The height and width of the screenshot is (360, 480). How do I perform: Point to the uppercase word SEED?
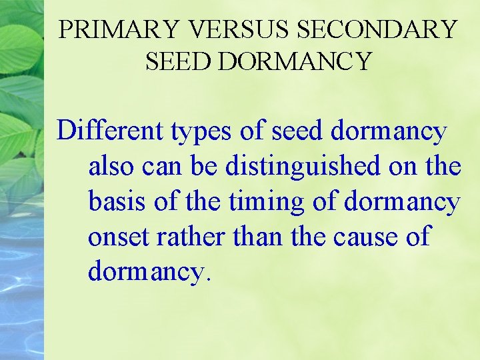(178, 61)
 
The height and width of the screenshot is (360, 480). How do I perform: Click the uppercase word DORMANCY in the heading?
(294, 61)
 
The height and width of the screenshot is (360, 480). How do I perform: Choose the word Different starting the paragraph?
(109, 131)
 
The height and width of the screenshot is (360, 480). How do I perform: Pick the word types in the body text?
(201, 132)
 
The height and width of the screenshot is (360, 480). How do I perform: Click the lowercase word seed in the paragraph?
(298, 131)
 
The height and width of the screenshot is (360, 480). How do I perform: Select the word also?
(111, 167)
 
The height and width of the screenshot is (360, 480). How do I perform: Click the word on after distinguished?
(402, 167)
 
